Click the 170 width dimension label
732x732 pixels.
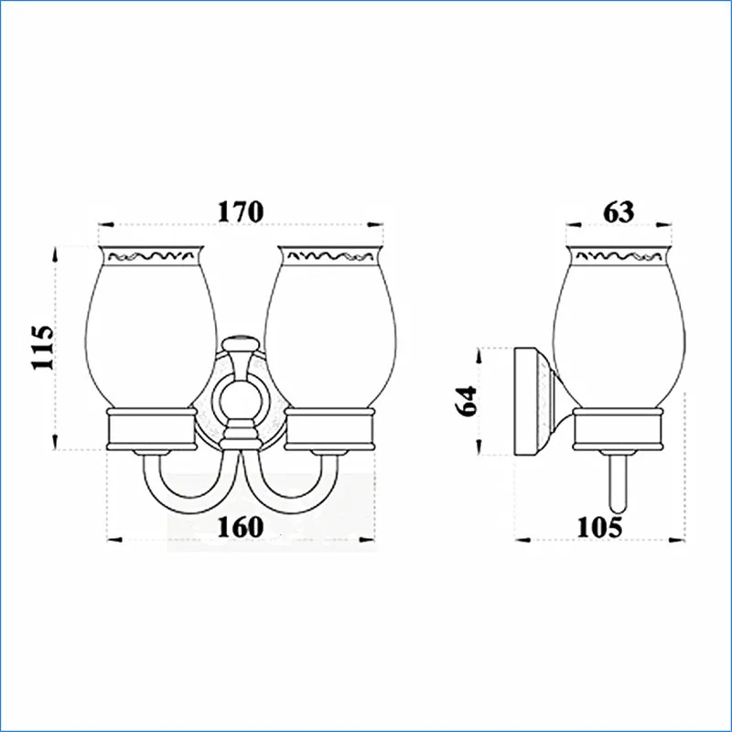click(241, 211)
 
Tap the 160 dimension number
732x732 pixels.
click(241, 527)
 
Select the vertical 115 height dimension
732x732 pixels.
click(43, 348)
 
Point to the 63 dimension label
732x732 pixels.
click(619, 212)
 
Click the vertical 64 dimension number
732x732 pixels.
click(467, 401)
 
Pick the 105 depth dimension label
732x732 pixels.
click(600, 528)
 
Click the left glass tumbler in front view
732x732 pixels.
click(151, 327)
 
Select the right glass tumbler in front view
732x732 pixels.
click(330, 327)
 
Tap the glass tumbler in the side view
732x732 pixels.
click(619, 327)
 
